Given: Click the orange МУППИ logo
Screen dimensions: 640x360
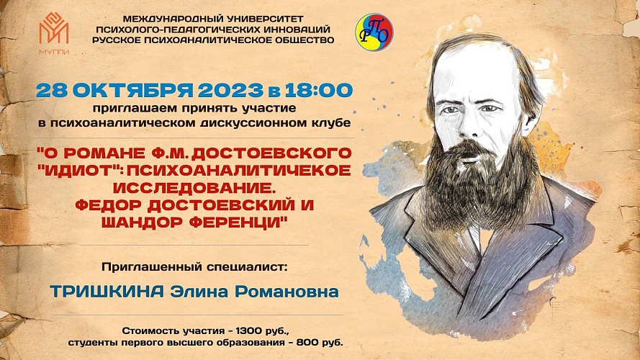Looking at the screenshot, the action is [54, 33].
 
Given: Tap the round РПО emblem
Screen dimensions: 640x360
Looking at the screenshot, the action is [374, 32].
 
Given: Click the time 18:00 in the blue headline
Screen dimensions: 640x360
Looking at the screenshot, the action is [319, 90].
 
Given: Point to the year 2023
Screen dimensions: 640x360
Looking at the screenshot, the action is [230, 90].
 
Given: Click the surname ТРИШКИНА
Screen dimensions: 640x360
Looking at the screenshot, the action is [107, 292].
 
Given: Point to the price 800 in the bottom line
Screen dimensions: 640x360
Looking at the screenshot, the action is [307, 343].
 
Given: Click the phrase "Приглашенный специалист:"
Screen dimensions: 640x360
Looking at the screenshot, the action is [194, 267].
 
